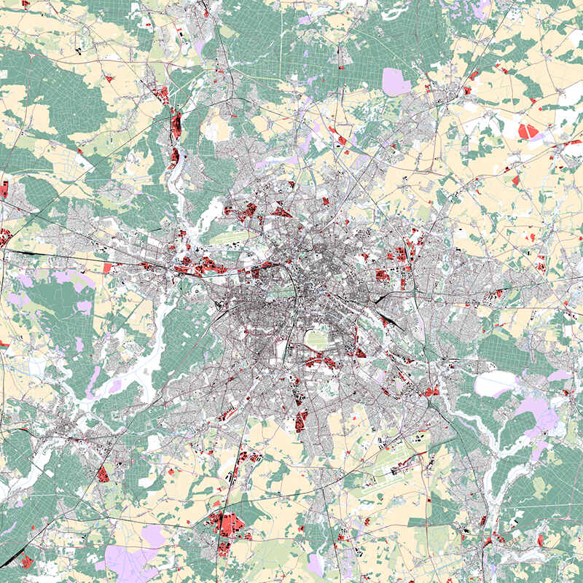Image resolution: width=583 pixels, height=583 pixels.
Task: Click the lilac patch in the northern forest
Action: point(396,81)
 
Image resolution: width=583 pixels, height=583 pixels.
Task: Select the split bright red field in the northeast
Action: point(528,131)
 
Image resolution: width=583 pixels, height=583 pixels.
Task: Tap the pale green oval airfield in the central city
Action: point(317,339)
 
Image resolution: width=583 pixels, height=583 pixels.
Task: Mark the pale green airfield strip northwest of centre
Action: point(232,237)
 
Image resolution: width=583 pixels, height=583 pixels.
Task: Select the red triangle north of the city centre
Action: point(281,212)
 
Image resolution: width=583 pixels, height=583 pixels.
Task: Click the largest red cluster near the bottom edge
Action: point(227,524)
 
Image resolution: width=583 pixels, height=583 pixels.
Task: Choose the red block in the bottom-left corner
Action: point(27,560)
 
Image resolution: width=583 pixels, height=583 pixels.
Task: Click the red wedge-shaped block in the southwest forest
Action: point(103,474)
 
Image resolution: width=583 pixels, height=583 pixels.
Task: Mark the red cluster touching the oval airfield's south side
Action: point(319,361)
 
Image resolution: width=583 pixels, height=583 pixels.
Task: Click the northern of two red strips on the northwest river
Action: point(176,124)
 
